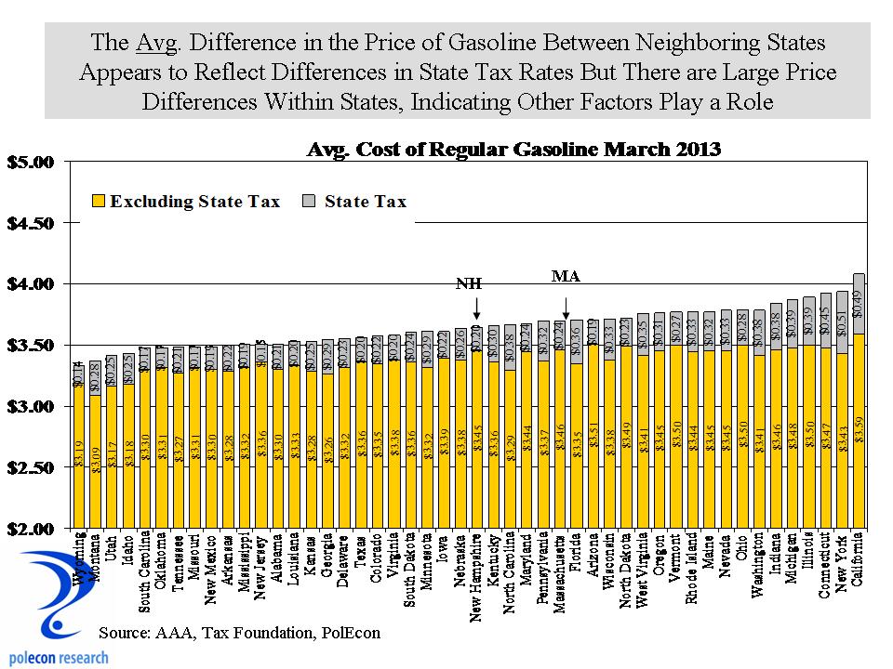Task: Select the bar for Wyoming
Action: pos(79,455)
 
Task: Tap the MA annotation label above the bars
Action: pos(566,275)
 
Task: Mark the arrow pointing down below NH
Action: pos(475,308)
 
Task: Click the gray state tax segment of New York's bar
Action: pos(842,321)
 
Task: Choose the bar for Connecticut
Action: pos(824,427)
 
